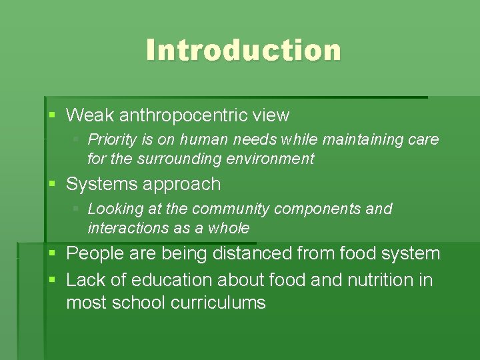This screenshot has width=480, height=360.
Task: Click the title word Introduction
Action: pos(243,50)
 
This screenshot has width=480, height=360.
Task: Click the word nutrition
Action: pos(380,280)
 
